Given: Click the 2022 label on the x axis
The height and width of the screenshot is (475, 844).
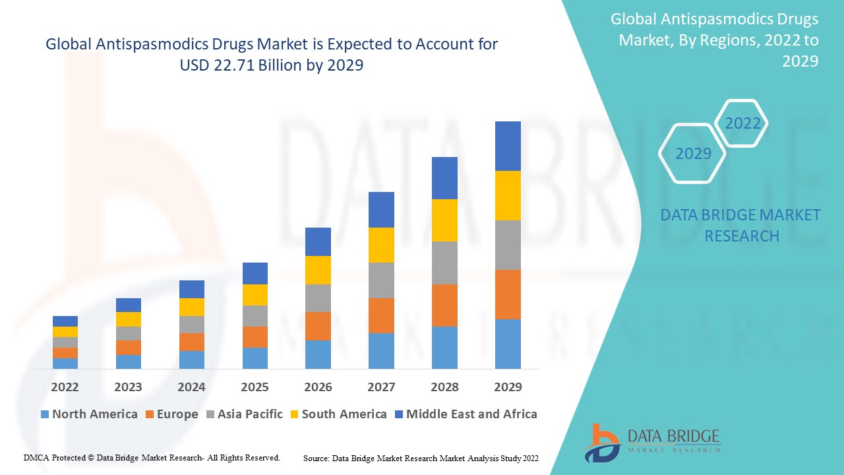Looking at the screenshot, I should click(x=65, y=387).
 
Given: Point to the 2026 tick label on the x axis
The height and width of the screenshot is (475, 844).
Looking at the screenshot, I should click(x=318, y=387).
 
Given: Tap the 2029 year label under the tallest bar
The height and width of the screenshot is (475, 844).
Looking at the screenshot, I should click(x=508, y=387).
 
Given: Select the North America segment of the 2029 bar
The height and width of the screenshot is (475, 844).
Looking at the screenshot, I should click(x=508, y=344).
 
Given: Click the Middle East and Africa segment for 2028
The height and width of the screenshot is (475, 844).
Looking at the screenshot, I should click(x=444, y=178).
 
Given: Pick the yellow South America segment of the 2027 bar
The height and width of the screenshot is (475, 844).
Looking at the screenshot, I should click(x=381, y=245).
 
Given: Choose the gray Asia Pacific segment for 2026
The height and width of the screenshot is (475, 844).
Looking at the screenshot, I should click(x=318, y=298).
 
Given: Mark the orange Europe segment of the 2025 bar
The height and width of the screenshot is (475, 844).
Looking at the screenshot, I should click(x=255, y=337).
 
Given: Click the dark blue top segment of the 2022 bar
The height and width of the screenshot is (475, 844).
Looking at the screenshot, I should click(x=65, y=321).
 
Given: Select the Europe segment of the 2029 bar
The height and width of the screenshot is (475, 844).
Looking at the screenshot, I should click(x=508, y=294).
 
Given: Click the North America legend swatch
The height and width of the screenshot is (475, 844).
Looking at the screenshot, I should click(x=45, y=415).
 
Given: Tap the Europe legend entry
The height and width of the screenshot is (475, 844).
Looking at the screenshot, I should click(x=171, y=414).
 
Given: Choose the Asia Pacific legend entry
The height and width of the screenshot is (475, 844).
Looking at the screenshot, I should click(x=244, y=414).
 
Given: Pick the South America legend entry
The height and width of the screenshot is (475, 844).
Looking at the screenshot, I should click(x=338, y=414).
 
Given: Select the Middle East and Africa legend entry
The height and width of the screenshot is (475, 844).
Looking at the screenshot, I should click(x=466, y=414).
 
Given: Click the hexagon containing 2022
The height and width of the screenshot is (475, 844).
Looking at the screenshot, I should click(x=742, y=123).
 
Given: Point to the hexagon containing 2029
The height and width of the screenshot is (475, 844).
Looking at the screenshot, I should click(x=693, y=154).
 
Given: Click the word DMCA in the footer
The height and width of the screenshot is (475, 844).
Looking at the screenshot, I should click(x=35, y=457).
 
